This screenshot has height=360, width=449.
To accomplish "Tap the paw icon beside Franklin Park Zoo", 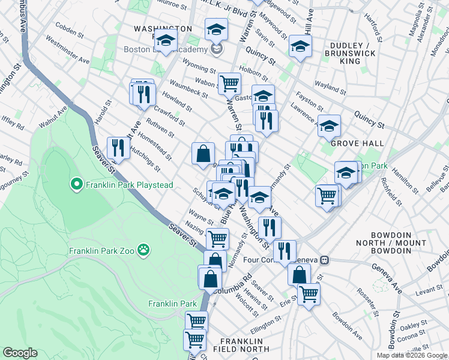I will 143,249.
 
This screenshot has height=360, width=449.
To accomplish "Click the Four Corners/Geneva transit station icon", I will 325,260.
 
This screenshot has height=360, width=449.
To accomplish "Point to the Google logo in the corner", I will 20,353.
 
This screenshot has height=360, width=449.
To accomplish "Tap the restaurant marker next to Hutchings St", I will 118,148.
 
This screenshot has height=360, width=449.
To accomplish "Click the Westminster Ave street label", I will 67,52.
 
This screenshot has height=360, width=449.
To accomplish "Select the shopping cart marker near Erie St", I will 309,294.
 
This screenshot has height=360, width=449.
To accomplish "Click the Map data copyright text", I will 411,355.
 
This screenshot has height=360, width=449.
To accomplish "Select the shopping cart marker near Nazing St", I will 217,238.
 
